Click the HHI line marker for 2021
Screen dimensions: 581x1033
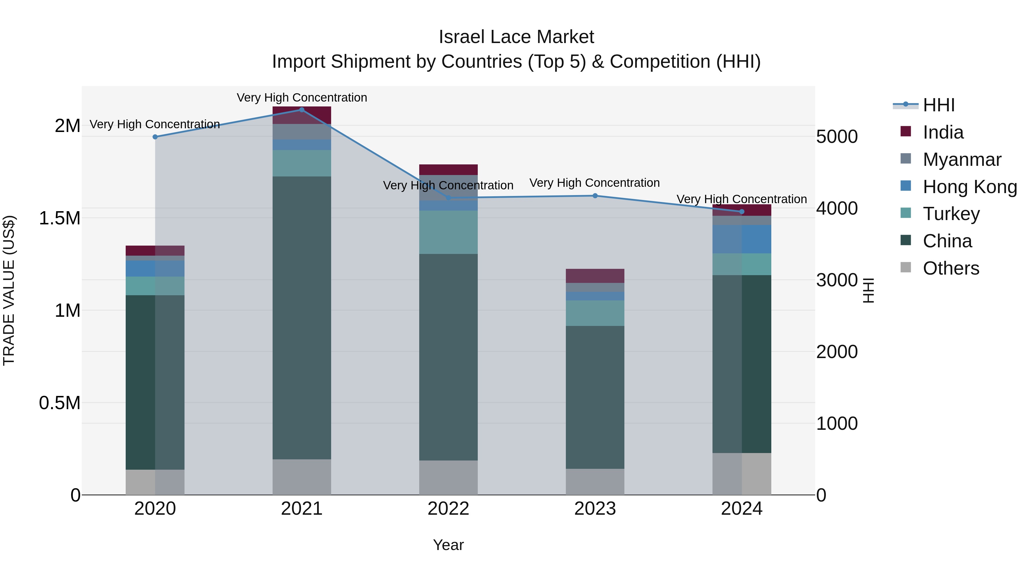coord(302,110)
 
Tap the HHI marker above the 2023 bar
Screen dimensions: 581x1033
coord(595,196)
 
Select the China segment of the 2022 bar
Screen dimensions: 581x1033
coord(448,357)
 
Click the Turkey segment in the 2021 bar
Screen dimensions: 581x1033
coord(302,163)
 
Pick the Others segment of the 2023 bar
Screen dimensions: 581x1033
coord(595,481)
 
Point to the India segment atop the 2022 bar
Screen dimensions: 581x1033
coord(448,170)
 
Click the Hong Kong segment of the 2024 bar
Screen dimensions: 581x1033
coord(741,239)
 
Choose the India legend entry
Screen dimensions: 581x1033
coord(943,132)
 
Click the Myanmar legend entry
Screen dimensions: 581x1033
coord(962,160)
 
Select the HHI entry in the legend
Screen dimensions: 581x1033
coord(938,105)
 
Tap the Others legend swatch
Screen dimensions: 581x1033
coord(906,267)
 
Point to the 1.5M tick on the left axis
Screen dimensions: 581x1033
coord(59,218)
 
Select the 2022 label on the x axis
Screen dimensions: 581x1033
coord(448,509)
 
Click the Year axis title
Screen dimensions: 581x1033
coord(448,545)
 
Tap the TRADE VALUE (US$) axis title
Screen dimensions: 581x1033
coord(9,290)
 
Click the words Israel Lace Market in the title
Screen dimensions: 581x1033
coord(516,37)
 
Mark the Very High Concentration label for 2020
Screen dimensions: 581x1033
coord(154,124)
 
